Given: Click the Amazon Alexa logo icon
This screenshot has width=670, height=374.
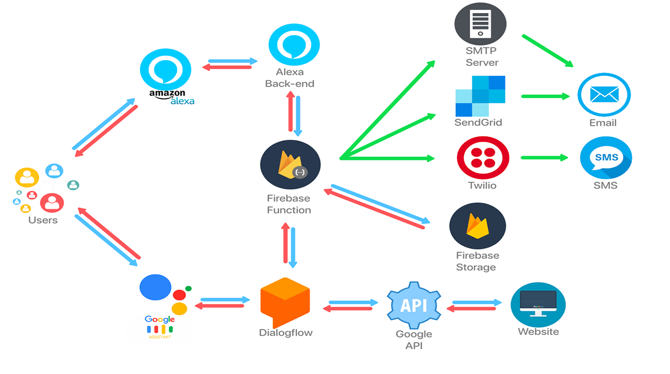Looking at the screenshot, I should tap(166, 70).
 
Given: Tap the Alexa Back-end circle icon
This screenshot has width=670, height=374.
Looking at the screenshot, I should tap(294, 45).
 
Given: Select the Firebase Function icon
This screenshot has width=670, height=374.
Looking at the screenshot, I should tap(290, 165).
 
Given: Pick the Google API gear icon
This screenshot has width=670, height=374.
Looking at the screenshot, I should tap(414, 306).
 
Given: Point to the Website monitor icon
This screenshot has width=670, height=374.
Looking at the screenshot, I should tap(538, 305).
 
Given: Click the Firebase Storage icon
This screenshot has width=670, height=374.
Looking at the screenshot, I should tap(478, 226).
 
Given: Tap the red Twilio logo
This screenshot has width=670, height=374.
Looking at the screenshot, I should tap(483, 158).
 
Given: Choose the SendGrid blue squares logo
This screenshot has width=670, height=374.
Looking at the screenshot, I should tap(480, 96).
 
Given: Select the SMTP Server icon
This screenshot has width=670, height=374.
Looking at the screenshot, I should tap(480, 23).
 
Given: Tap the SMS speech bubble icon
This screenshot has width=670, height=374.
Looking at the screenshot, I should tap(606, 158).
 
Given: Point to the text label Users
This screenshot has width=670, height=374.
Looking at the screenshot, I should tap(43, 220).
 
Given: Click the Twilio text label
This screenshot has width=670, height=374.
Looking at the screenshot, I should tap(482, 185).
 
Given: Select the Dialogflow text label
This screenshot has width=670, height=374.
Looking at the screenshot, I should tap(286, 333).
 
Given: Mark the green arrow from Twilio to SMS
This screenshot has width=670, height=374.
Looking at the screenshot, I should tap(544, 158).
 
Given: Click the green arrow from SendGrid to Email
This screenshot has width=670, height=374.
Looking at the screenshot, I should tap(545, 96).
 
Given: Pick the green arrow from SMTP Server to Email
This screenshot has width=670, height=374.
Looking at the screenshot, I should tap(547, 51).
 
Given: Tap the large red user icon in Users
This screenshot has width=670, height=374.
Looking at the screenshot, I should tap(52, 203).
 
